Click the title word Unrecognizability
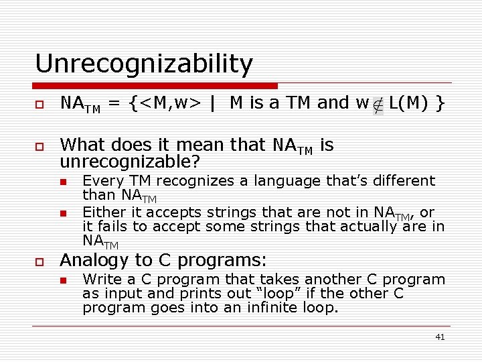click(143, 64)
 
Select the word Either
click(102, 213)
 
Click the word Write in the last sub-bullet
click(101, 280)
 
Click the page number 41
click(440, 337)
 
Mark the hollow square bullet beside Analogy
click(39, 261)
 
